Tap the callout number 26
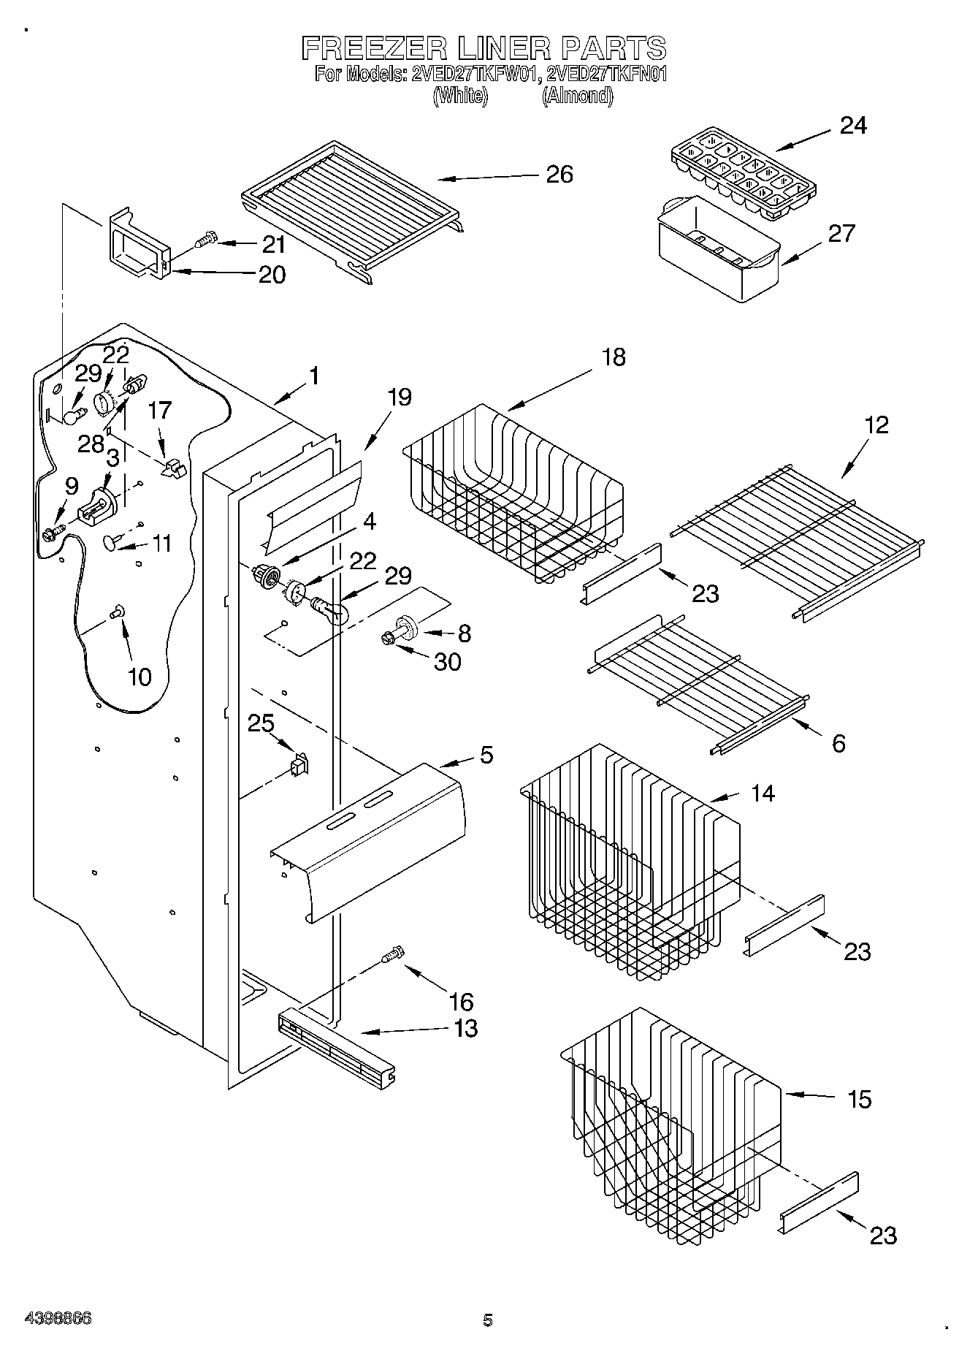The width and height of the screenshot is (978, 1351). click(559, 174)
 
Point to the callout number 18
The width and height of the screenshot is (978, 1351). click(614, 357)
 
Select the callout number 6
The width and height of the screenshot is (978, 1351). click(838, 743)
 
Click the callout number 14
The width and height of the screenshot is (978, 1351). click(763, 792)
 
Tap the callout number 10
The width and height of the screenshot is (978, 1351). click(140, 677)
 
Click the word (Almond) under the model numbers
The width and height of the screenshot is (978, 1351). click(577, 96)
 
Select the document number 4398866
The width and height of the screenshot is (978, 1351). click(58, 1319)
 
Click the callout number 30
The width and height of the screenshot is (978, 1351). click(448, 661)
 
